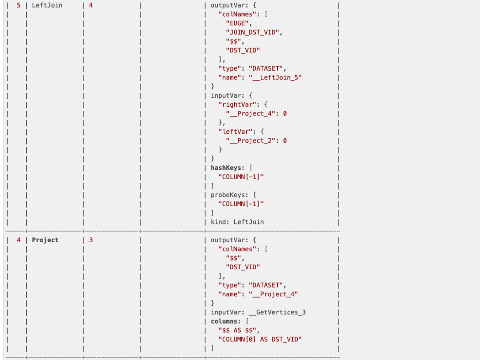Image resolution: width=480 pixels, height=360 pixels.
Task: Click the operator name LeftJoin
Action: click(47, 5)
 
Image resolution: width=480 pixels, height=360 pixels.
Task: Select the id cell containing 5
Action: click(19, 5)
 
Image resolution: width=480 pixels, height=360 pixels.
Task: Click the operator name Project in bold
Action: click(45, 240)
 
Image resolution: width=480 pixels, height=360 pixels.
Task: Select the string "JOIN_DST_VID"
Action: click(254, 32)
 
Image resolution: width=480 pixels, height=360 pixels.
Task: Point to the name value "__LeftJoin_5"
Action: click(276, 77)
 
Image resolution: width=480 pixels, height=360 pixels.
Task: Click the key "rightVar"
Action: click(235, 104)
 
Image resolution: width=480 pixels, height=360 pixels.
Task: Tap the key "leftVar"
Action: click(233, 132)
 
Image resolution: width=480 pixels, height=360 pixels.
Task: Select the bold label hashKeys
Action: click(226, 168)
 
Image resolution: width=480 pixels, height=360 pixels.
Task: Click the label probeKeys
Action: click(228, 195)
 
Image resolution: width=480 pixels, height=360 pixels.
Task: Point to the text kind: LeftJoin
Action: click(237, 222)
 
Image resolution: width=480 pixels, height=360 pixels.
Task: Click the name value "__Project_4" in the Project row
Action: click(273, 294)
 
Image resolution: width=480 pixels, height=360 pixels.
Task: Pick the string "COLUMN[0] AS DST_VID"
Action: click(260, 339)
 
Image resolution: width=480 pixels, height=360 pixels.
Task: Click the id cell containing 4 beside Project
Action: click(19, 240)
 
